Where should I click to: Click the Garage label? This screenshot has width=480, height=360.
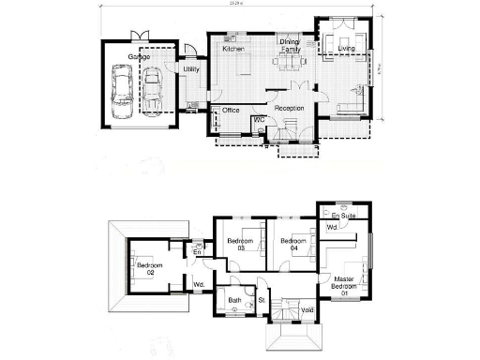(139, 57)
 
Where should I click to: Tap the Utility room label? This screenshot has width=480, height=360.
(191, 69)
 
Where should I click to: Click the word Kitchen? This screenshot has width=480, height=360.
(233, 48)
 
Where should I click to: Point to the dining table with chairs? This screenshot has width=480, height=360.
(289, 64)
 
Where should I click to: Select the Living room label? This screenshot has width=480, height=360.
(347, 48)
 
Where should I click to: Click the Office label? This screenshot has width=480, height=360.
(231, 111)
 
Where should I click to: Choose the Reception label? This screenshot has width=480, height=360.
(290, 109)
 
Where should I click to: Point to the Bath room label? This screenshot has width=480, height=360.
(235, 301)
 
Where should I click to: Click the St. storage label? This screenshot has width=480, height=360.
(262, 301)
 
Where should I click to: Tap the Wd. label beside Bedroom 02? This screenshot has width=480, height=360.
(199, 285)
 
